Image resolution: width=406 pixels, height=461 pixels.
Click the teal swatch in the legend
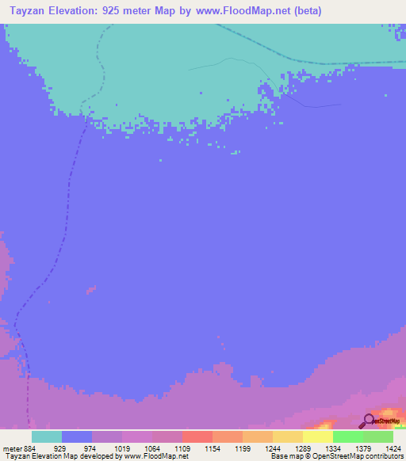click(x=47, y=436)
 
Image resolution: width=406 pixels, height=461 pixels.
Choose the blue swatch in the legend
click(x=77, y=436)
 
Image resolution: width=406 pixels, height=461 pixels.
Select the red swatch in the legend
click(x=197, y=436)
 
